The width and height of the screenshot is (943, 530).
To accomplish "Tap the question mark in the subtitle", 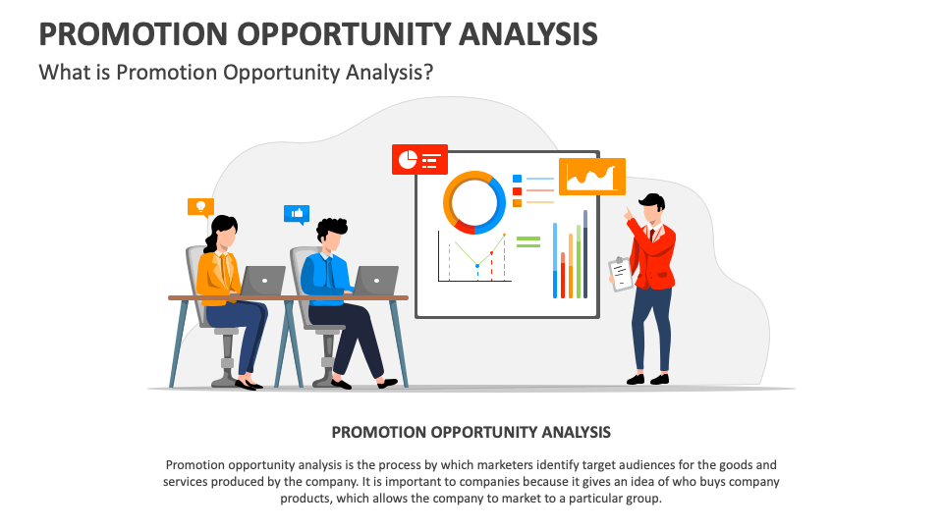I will tap(428, 73).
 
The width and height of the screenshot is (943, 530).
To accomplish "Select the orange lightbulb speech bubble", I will tap(200, 206).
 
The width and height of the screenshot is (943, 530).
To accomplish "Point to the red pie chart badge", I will tap(419, 158).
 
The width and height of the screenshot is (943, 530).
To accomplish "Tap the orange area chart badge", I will tap(591, 177).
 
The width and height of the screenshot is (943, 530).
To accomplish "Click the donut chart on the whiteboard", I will tap(474, 201).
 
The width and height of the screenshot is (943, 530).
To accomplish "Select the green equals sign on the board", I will tap(528, 240).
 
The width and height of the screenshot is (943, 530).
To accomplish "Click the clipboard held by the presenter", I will tap(621, 274).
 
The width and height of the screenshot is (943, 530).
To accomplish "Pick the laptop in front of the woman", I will tap(262, 280).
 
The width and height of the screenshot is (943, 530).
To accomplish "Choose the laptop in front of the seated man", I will tap(375, 280).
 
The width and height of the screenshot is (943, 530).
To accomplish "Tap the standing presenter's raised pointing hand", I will tap(626, 213).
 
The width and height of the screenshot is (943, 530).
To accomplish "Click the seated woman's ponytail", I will tap(212, 238).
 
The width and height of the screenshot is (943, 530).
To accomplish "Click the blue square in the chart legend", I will tap(517, 179).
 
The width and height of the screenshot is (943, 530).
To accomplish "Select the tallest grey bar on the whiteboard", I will tap(585, 253).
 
